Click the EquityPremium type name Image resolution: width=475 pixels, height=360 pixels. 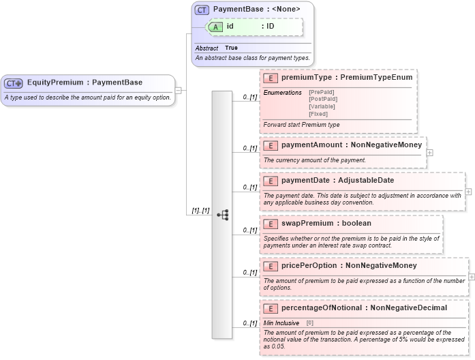click(55, 82)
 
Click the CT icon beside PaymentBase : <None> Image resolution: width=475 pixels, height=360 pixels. click(202, 10)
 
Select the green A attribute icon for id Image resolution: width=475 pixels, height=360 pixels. click(215, 27)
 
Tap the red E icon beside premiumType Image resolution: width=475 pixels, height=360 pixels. click(271, 78)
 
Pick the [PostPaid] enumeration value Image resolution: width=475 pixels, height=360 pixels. click(323, 99)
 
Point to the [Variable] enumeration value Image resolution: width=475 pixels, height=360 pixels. click(322, 106)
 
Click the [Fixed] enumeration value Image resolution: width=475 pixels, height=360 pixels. click(318, 114)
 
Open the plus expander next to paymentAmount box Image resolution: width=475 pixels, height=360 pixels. click(429, 152)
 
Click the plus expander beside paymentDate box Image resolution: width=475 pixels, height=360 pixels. click(468, 192)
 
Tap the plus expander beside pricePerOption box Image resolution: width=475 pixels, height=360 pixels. click(472, 277)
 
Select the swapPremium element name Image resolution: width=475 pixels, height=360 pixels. click(307, 223)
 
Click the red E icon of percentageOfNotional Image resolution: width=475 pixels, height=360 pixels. click(271, 308)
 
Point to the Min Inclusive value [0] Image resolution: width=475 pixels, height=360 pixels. click(309, 322)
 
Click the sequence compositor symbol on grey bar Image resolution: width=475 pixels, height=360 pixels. click(223, 214)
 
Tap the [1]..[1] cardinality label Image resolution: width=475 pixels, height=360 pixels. click(198, 211)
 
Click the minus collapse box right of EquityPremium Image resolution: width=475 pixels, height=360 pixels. click(178, 90)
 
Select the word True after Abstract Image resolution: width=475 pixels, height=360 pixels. click(231, 48)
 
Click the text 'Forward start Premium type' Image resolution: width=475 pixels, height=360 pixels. click(301, 125)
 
